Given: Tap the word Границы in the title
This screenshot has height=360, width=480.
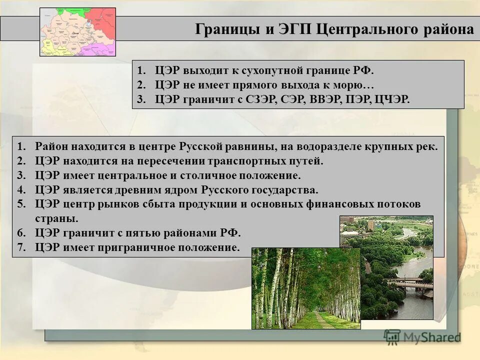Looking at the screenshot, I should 226,29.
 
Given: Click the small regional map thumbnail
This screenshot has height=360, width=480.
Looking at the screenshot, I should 77,31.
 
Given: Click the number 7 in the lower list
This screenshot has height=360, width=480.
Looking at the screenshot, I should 20,247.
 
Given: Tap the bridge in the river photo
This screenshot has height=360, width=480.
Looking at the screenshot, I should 410,283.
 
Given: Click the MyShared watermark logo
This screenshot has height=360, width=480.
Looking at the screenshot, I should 422,337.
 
